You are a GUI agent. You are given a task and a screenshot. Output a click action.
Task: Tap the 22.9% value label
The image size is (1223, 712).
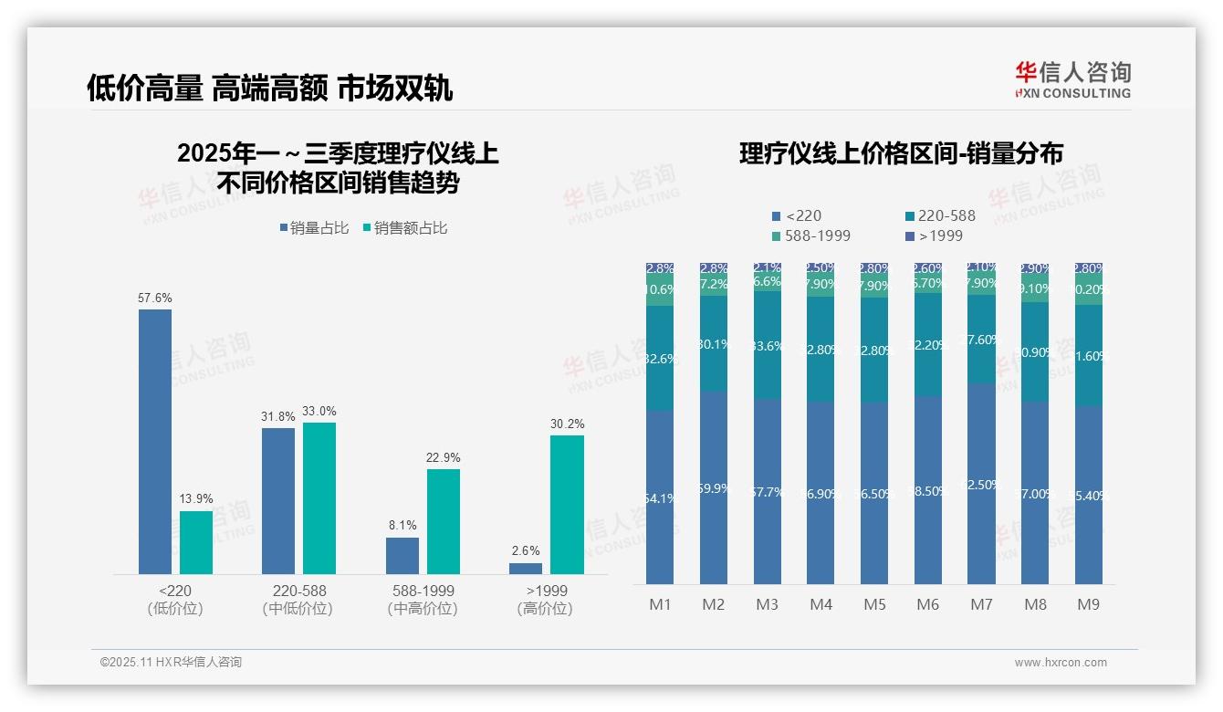click(443, 457)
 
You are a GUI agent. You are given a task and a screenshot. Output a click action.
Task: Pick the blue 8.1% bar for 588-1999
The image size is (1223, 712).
click(402, 556)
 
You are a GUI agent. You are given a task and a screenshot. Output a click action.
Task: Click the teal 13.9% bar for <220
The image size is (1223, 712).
click(195, 542)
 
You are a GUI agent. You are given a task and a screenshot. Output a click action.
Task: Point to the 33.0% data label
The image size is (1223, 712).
click(319, 411)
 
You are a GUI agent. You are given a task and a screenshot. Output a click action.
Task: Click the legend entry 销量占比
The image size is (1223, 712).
click(315, 228)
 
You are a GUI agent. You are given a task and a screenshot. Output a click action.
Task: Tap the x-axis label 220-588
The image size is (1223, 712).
click(299, 591)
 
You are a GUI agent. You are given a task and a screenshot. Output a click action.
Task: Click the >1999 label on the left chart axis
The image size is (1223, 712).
click(546, 591)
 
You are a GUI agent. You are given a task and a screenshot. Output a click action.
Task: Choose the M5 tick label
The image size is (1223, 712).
click(874, 604)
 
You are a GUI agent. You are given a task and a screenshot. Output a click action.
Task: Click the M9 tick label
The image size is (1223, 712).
click(1089, 604)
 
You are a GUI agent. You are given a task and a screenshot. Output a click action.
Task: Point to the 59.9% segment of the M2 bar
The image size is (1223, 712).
click(713, 487)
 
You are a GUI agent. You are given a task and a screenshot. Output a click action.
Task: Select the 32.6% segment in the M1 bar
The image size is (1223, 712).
click(659, 358)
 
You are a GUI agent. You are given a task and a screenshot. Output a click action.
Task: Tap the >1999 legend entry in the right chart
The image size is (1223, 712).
click(938, 236)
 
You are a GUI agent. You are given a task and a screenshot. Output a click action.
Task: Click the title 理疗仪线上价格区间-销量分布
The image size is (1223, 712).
click(901, 153)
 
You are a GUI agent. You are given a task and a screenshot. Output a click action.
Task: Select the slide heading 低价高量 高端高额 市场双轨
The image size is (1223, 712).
click(269, 89)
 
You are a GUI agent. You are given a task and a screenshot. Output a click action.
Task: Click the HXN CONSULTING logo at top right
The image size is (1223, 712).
click(1073, 79)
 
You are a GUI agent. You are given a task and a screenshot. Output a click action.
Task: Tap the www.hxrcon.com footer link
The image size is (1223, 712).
click(1061, 663)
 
